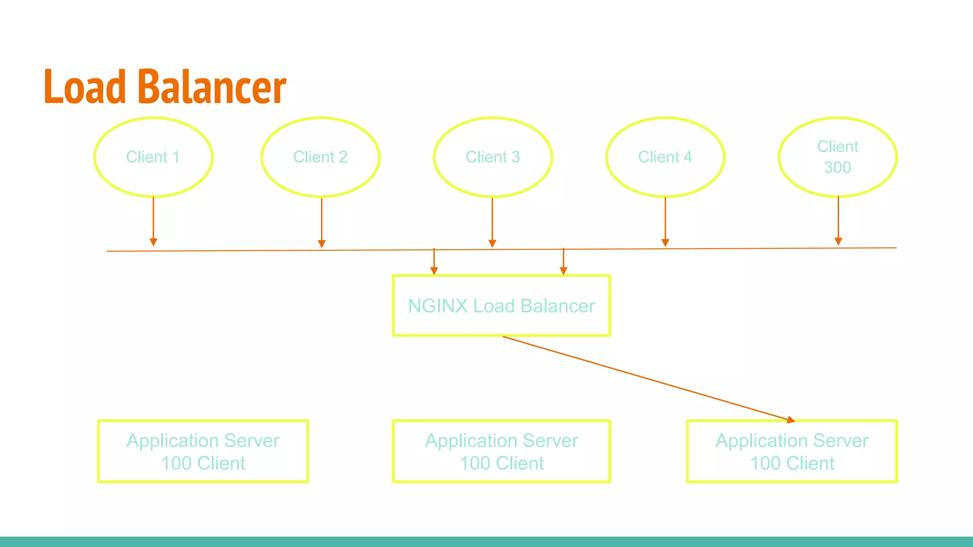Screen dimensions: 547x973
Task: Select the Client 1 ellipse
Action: (x=153, y=157)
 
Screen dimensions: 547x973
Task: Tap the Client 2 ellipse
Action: (x=320, y=157)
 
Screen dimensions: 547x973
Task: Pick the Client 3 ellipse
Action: (x=493, y=157)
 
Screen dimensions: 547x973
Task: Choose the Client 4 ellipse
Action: (x=665, y=157)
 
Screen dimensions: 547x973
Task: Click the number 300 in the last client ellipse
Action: (x=837, y=168)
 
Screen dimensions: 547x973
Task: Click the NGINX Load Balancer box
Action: (x=501, y=306)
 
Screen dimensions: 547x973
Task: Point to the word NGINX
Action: (x=438, y=306)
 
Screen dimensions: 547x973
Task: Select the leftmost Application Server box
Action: (x=203, y=451)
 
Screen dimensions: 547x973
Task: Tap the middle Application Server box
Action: (x=501, y=451)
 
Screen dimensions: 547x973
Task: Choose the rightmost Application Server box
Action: (x=792, y=451)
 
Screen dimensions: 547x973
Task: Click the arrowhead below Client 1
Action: (x=153, y=242)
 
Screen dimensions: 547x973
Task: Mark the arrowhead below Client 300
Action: (x=839, y=242)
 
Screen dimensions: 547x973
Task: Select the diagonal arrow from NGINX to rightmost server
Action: (x=646, y=378)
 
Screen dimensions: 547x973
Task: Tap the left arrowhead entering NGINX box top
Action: (x=434, y=271)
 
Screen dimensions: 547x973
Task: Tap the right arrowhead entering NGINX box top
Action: (x=563, y=271)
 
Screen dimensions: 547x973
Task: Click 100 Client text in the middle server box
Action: (x=502, y=463)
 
